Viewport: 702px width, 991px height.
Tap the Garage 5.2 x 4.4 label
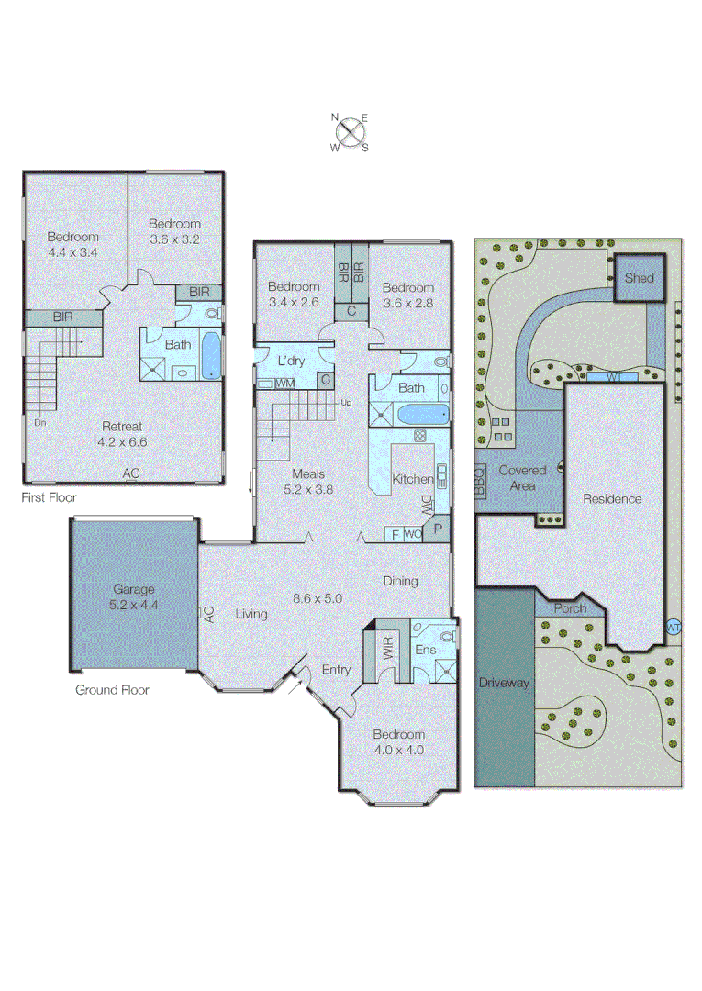click(x=134, y=597)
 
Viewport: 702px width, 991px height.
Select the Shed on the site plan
click(x=638, y=278)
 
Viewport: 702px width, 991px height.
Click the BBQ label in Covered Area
click(x=479, y=479)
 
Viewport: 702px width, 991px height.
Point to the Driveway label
click(x=504, y=683)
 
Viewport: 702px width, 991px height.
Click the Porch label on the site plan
click(x=570, y=608)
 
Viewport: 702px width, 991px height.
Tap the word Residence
click(x=613, y=499)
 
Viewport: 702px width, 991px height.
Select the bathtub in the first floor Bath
click(x=210, y=357)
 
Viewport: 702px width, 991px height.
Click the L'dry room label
click(x=293, y=362)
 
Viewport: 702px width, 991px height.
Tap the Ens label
click(x=425, y=650)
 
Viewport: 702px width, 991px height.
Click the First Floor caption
click(x=49, y=498)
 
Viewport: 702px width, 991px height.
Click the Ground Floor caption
click(x=112, y=689)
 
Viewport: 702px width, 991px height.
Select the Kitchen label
click(x=412, y=479)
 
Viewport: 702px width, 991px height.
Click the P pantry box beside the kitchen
click(x=438, y=529)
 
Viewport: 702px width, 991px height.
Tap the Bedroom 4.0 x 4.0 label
click(x=399, y=741)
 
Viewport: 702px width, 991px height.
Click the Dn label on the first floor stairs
click(x=40, y=423)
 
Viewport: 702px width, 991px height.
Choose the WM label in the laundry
click(x=285, y=382)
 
